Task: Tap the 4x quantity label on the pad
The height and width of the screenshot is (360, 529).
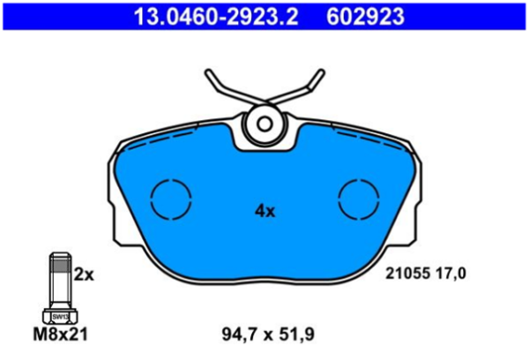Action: tap(264, 211)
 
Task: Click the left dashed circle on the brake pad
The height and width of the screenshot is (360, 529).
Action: tap(170, 199)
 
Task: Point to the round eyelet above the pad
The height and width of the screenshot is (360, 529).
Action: tap(264, 123)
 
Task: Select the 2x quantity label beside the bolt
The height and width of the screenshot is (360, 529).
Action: tap(84, 274)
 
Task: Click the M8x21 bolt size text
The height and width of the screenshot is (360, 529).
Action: tap(60, 334)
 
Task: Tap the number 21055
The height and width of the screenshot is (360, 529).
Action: tap(406, 274)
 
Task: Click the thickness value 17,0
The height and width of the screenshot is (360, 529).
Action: tap(450, 274)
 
